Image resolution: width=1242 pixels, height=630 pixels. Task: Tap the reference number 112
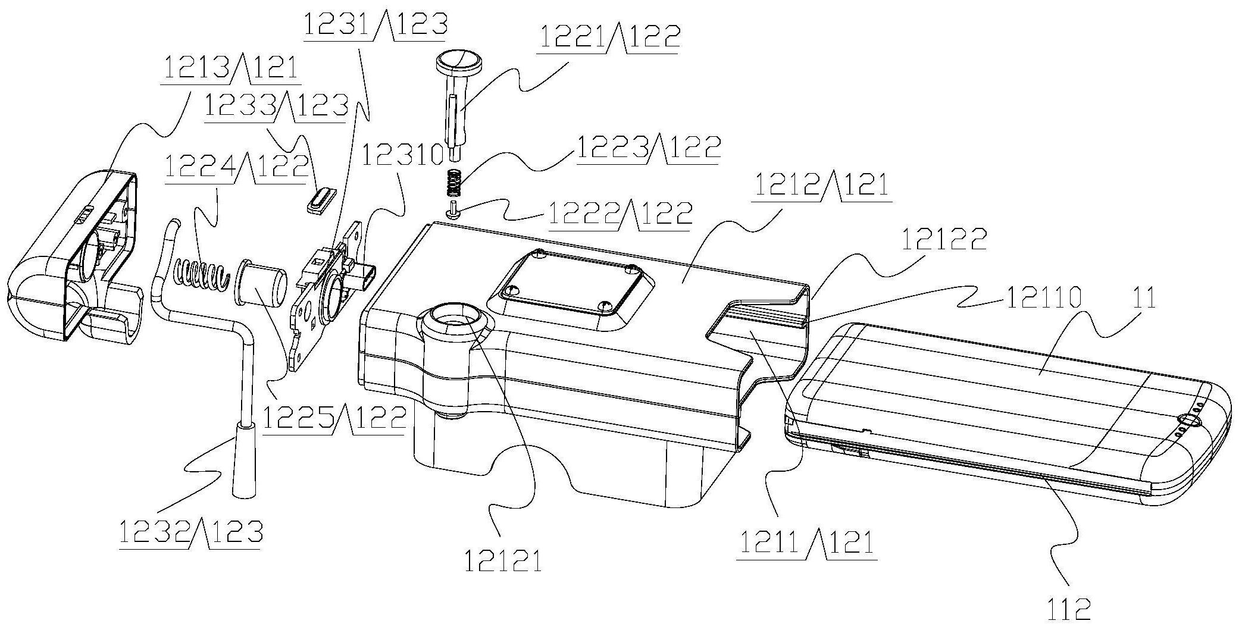(1069, 610)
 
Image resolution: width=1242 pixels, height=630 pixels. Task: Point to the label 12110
(1043, 297)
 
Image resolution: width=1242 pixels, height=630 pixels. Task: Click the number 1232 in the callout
(154, 532)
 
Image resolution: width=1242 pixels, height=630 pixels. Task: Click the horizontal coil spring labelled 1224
(201, 276)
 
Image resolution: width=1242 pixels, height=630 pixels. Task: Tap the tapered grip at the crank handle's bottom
(244, 459)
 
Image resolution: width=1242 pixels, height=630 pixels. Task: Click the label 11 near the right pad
(1143, 297)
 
